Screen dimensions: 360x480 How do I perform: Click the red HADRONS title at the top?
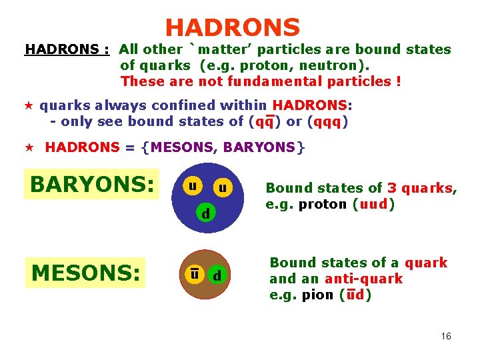pos(233,28)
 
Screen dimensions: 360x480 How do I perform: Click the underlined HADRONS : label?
pos(67,49)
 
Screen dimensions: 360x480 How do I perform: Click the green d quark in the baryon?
pos(207,213)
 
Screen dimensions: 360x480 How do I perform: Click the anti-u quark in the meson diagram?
pos(193,273)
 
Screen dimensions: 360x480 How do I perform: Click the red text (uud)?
pos(373,204)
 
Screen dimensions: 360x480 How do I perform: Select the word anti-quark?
pos(364,279)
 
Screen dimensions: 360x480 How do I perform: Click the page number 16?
pos(446,336)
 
